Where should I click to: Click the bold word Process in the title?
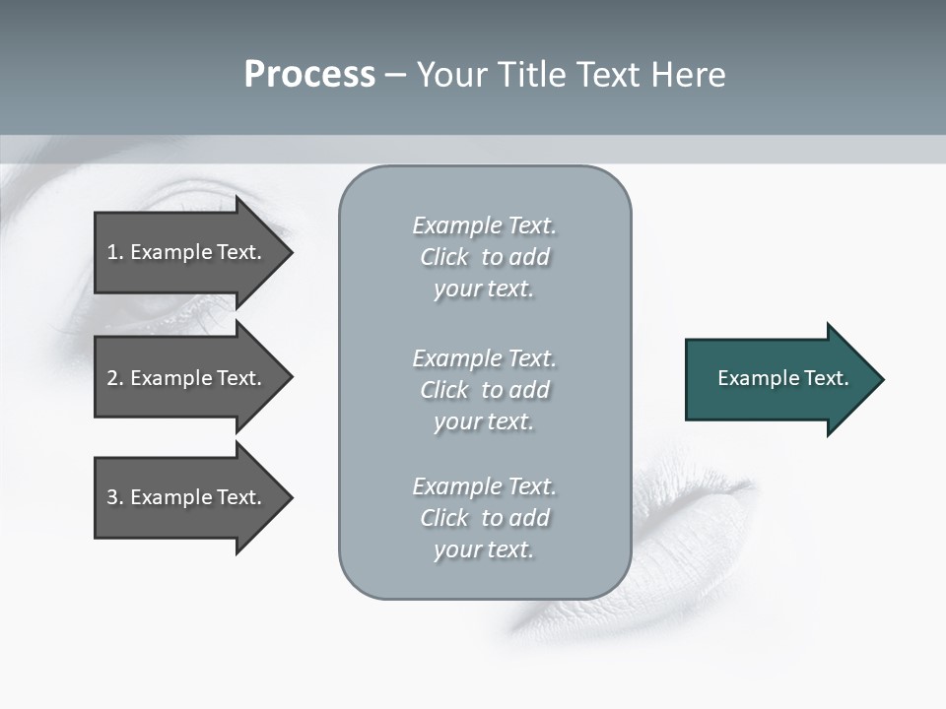309,75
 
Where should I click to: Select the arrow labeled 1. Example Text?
187,252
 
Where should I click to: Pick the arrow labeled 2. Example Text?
187,378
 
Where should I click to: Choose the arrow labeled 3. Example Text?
187,497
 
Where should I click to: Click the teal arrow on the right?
778,379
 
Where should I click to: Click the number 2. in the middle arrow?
115,378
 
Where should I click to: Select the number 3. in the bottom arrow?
115,497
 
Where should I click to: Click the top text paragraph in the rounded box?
484,257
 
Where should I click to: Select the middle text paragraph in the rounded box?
484,390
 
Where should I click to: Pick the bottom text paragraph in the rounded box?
484,518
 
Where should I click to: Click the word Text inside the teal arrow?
826,378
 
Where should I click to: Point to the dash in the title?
395,76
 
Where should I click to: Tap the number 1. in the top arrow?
115,252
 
